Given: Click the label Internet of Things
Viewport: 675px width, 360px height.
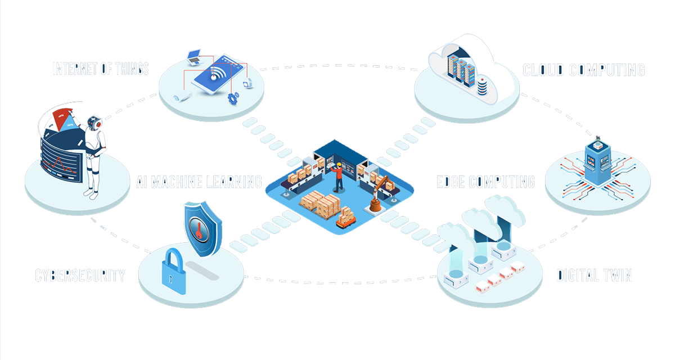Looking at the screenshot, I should click(x=101, y=69).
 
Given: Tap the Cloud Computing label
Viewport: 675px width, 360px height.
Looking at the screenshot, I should click(x=583, y=70).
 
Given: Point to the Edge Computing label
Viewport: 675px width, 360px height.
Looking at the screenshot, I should click(x=485, y=182).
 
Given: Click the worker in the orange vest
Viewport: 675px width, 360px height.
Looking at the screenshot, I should click(x=339, y=177).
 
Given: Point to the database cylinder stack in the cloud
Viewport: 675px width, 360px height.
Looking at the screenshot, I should click(x=483, y=87).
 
